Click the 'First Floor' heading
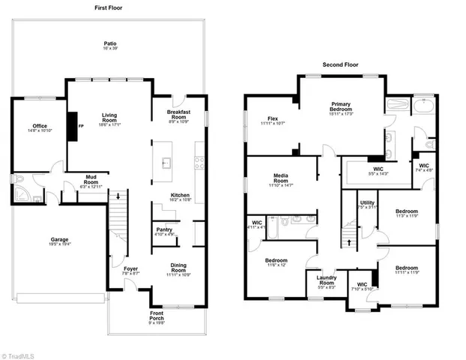tap(109, 7)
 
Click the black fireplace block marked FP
tap(73, 125)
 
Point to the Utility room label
tap(367, 204)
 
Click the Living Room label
tap(109, 118)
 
